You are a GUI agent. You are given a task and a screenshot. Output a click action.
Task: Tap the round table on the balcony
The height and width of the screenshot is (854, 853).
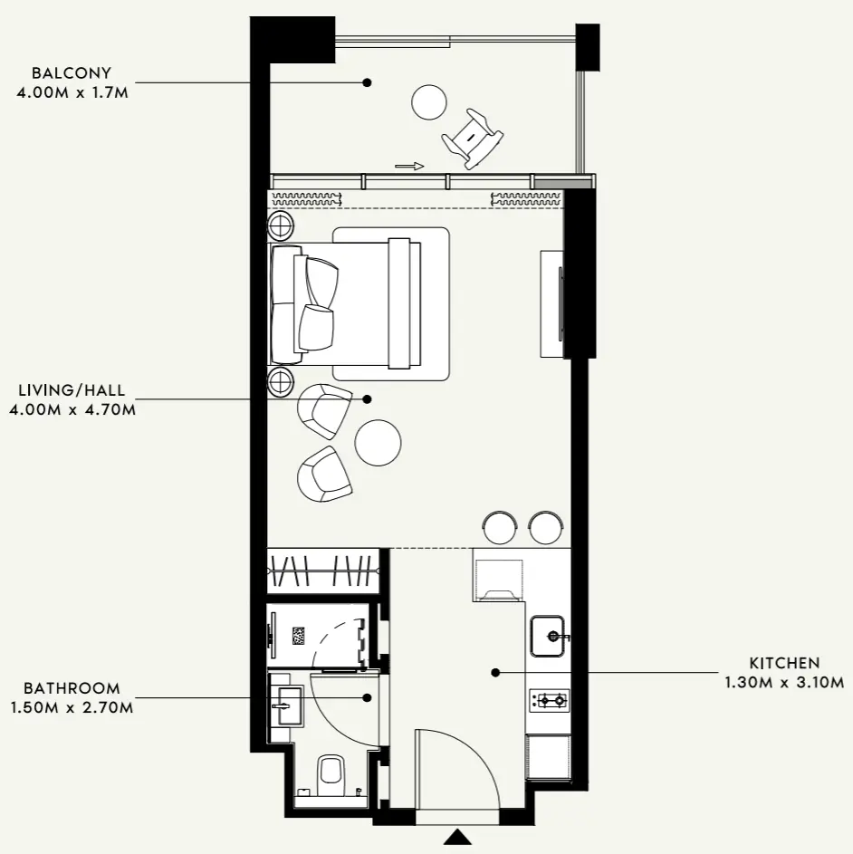tap(428, 101)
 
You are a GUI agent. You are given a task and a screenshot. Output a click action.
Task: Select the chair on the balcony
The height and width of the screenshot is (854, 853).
tap(472, 138)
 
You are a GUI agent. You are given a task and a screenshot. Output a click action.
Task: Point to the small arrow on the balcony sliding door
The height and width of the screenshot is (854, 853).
tap(409, 166)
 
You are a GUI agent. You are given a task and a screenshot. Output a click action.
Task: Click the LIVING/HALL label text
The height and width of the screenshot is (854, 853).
tap(72, 391)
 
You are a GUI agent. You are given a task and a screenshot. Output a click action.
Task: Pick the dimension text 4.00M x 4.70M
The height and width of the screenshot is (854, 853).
tap(72, 409)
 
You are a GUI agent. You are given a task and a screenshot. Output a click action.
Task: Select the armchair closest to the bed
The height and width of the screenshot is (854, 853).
tap(325, 410)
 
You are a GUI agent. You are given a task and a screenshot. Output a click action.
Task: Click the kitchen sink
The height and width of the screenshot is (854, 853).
tap(549, 636)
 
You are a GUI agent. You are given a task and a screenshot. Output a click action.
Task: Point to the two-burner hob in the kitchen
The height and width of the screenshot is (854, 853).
tap(549, 699)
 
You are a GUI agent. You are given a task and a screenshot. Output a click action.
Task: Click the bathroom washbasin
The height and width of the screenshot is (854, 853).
tap(289, 705)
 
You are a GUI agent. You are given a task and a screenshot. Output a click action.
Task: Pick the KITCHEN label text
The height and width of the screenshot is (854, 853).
tap(784, 663)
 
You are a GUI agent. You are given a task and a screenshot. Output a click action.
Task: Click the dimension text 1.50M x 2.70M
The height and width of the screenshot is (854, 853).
tap(72, 706)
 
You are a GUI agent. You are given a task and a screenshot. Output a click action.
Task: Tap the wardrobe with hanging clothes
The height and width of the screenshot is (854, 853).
tap(322, 571)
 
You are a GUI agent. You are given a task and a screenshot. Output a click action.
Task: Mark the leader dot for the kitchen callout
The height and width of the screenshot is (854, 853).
tap(495, 673)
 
